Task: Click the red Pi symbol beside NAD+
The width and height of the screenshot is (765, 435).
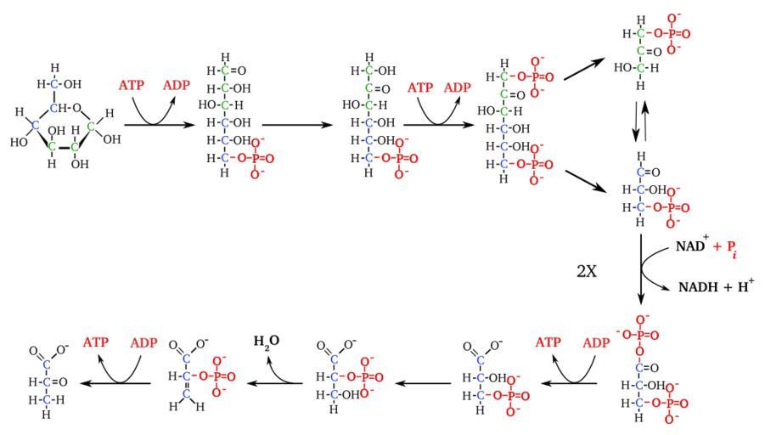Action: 728,246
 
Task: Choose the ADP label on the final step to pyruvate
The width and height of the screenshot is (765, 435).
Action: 143,342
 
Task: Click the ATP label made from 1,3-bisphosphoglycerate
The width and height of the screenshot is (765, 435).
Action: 548,342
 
